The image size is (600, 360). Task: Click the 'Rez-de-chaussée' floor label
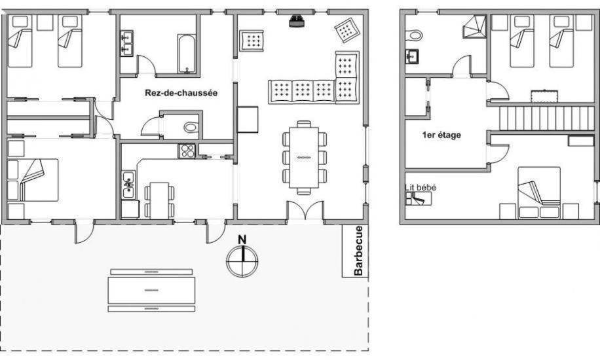181,93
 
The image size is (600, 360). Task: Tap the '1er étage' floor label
441,135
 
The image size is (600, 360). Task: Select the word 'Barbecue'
358,251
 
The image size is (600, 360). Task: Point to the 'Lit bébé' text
420,187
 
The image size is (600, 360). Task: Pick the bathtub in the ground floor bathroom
187,54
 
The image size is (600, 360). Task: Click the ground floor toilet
191,127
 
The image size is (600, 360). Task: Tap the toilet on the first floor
414,35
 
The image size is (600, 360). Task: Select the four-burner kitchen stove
187,151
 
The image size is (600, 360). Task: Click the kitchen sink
128,185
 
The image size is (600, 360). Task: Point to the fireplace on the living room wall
297,21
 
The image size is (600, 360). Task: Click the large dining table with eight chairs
304,158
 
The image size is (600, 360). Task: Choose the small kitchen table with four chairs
159,200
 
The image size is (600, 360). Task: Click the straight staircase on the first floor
547,118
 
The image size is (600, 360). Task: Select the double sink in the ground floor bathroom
126,44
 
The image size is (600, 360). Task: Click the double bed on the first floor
539,192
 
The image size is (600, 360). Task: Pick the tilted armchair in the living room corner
347,29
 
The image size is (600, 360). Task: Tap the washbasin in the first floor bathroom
412,57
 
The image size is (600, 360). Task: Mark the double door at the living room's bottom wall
305,210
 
